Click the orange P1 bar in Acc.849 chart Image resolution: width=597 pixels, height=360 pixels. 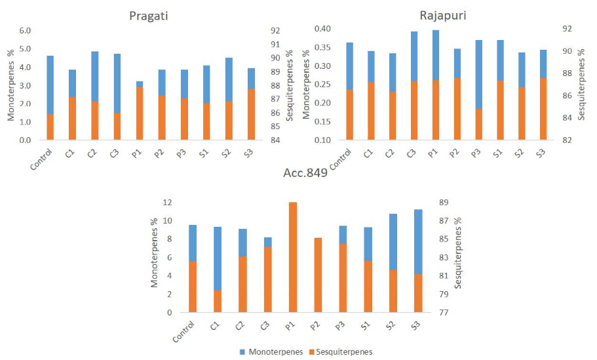point(292,257)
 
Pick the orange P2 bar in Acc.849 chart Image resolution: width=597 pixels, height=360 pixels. point(318,275)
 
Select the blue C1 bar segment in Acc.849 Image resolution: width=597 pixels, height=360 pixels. point(217,258)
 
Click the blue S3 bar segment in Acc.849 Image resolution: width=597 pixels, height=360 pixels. point(417,241)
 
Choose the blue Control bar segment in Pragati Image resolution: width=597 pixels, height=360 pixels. point(50,85)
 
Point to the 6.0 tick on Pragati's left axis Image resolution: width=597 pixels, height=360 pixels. point(24,30)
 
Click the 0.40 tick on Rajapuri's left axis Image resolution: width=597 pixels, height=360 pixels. point(324,29)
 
